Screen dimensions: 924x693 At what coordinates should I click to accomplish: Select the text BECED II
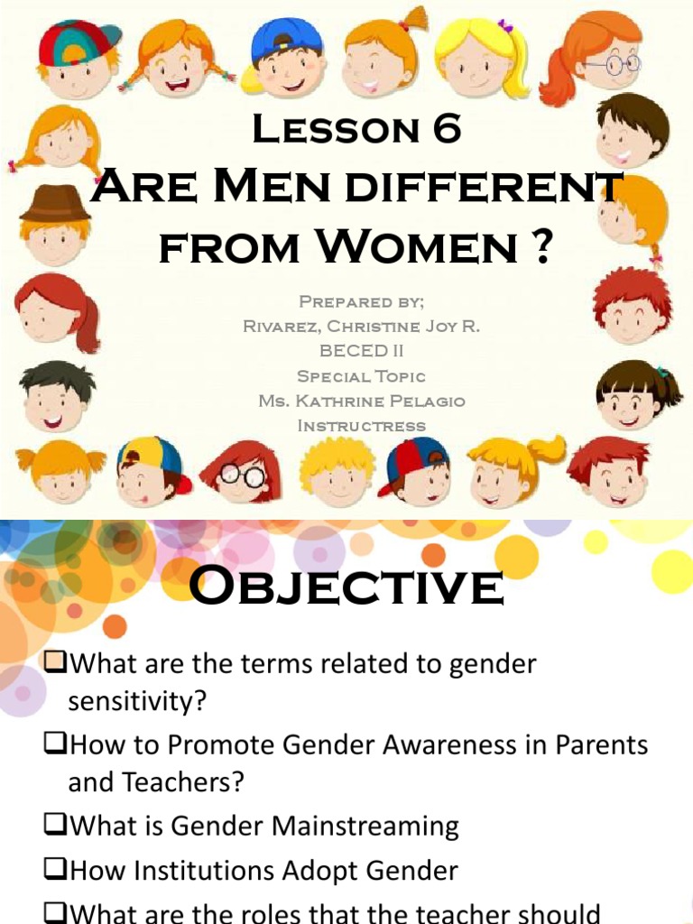coord(360,351)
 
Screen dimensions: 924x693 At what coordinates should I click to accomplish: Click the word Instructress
coord(361,425)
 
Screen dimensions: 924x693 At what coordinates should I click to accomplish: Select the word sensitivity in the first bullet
coord(136,701)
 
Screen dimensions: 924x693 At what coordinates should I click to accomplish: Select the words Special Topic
coord(361,376)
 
